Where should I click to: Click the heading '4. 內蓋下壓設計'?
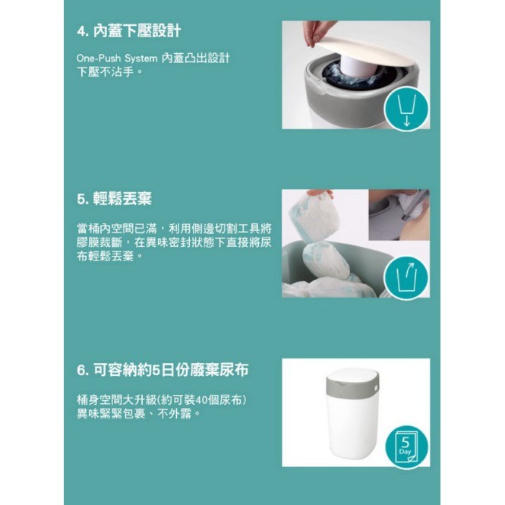pos(129,31)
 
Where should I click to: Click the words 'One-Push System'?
pos(117,58)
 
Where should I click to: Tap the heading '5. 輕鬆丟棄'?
pos(114,199)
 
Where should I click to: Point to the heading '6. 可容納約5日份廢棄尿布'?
pos(163,370)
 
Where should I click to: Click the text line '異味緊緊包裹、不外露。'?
pos(138,414)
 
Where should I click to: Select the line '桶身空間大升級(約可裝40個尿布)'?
pos(162,400)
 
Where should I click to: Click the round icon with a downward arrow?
pos(406,109)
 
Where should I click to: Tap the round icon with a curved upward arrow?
pos(406,278)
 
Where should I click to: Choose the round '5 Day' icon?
pos(406,447)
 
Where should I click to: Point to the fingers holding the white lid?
pos(317,32)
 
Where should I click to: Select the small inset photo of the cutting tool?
pos(399,215)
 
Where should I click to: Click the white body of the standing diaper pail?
pos(352,425)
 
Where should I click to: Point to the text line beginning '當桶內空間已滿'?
pos(174,229)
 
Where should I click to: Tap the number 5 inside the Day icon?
pos(406,443)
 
